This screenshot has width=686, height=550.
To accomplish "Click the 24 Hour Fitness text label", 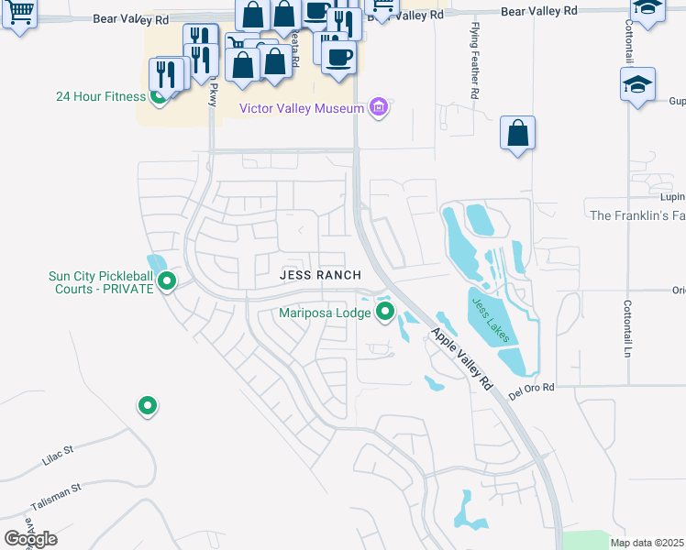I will coord(100,96).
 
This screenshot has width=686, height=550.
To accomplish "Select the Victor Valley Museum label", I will coord(302,108).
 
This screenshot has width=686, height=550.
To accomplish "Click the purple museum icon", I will coord(378,108).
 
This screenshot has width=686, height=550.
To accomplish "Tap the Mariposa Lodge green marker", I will coord(385,313).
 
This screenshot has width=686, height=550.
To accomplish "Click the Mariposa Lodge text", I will coord(326,313).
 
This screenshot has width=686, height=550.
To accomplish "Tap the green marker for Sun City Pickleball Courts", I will coord(166,280).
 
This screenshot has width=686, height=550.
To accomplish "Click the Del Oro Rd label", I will coord(533,388).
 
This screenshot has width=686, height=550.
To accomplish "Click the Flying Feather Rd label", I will coord(475,60).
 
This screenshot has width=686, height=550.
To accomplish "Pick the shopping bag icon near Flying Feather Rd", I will coord(517,133).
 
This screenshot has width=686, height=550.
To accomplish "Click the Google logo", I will coord(30,539).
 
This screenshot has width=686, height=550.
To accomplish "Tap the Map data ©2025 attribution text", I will coord(647,543).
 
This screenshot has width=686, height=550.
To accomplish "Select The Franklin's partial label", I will coord(637,215).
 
